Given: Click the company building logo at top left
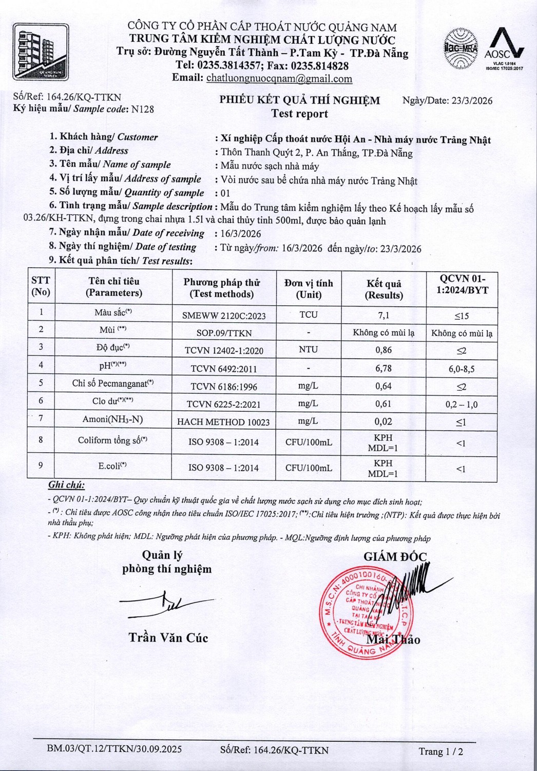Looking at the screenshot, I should coord(41,51).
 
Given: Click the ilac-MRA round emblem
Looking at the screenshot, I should coord(460,49).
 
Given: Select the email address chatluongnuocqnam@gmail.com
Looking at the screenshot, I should coord(279,79).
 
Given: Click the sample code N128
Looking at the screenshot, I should coord(142,109).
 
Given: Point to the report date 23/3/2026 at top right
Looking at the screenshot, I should coord(472,101).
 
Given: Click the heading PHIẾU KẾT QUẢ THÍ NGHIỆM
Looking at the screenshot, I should coord(300,100).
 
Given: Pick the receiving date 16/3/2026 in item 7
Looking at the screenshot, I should coord(241,233).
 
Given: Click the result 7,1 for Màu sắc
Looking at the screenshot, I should coord(383,315).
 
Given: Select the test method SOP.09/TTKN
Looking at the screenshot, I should coord(224,333).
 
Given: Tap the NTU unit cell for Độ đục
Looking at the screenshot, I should coord(308,350).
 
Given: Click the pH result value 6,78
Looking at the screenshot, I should coord(383,368).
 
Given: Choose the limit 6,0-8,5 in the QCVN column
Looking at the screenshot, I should coord(461,369).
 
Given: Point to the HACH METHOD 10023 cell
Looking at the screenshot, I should coord(223,422).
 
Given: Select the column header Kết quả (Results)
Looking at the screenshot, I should coord(383,289).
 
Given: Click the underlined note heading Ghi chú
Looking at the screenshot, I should coord(66,485).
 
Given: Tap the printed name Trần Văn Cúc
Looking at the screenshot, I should coord(168,638).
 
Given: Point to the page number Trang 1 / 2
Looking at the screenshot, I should coord(440,751).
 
